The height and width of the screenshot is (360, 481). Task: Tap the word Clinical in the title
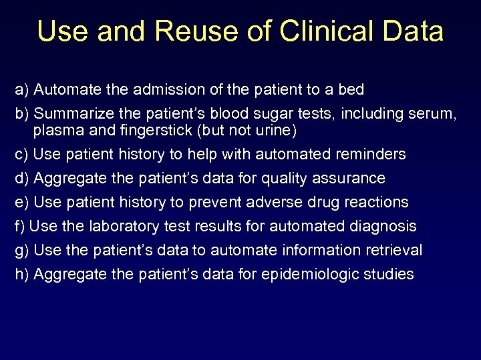pos(315,31)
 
